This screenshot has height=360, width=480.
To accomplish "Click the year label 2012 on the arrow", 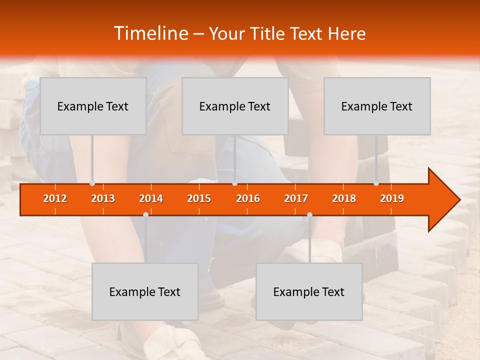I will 55,198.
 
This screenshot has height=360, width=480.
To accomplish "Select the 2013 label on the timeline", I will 103,198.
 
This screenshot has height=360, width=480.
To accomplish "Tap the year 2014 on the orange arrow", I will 151,198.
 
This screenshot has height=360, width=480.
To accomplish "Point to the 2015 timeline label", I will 199,198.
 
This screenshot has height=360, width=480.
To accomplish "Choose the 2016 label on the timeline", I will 248,198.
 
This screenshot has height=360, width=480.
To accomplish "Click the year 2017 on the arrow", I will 296,198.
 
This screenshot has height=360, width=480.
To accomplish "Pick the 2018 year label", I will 344,198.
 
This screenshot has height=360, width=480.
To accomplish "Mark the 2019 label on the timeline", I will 392,198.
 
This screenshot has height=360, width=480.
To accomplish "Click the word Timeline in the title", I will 150,33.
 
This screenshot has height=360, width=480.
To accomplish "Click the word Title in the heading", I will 270,34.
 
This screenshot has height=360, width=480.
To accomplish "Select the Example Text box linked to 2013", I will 93,106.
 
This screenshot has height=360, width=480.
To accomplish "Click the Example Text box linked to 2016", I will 235,106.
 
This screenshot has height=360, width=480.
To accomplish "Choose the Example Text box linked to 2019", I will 377,106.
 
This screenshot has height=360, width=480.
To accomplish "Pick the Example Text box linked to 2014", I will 145,291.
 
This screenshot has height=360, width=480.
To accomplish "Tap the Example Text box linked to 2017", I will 309,291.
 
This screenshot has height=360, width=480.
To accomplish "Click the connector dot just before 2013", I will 92,183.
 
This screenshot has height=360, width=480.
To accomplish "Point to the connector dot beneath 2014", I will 145,214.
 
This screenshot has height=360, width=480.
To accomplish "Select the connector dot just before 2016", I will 234,183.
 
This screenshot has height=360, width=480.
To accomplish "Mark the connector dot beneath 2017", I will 309,214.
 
